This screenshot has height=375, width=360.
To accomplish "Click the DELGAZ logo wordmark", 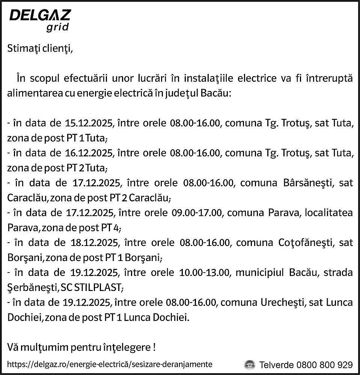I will coord(39,16).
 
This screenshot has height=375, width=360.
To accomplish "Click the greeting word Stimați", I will coord(23,48).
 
